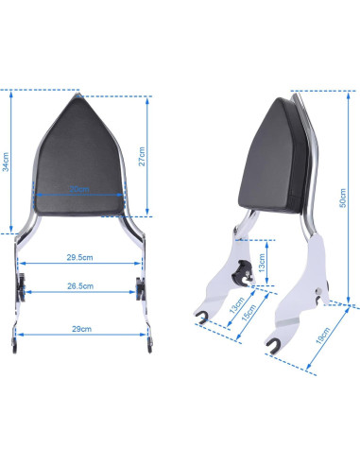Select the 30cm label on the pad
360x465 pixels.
pos(79,187)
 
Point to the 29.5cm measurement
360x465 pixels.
pos(79,256)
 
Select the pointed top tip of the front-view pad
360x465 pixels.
pos(78,97)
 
